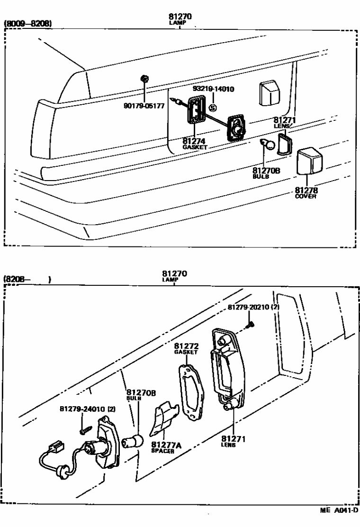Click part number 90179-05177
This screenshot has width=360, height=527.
coord(144,106)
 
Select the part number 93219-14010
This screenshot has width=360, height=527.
coord(214,89)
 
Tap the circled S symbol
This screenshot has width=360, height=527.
coord(213,108)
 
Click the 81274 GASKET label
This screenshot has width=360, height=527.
coord(195,143)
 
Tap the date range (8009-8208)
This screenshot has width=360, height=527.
coord(28,23)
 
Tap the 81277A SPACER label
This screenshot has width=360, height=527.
coord(163,447)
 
